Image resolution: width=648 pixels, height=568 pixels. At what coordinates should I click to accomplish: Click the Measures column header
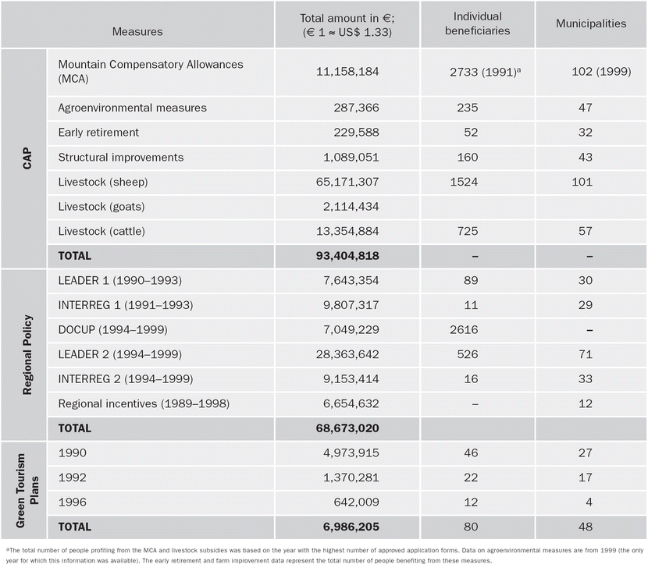point(137,31)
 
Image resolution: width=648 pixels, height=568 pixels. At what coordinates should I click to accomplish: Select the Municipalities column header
point(591,23)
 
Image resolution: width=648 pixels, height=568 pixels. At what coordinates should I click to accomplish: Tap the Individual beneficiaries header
point(477,23)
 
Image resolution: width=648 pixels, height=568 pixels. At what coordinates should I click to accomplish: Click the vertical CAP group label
point(27,158)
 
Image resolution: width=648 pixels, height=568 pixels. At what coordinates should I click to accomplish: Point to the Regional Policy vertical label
point(27,355)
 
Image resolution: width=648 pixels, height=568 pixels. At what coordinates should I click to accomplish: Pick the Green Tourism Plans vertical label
point(27,490)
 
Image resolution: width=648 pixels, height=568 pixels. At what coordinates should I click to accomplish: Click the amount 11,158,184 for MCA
point(347,72)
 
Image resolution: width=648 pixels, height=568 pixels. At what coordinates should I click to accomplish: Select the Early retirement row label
point(98,132)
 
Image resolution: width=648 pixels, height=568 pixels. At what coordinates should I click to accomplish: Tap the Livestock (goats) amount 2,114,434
point(351,207)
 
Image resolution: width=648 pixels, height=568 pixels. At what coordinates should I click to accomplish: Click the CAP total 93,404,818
point(347,256)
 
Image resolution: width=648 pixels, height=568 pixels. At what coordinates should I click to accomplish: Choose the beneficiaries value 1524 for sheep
point(464,182)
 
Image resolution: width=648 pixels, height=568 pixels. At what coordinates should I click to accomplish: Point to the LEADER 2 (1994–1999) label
point(120,354)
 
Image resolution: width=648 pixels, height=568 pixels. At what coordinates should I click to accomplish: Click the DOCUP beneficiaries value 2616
point(464,330)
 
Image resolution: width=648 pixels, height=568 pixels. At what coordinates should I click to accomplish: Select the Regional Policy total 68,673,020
point(347,428)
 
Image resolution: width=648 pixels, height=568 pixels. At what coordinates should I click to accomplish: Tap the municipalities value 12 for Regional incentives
point(586,403)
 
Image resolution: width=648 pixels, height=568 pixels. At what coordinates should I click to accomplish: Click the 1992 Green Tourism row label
point(73,477)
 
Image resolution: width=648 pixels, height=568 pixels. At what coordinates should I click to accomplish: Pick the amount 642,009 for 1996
point(356,502)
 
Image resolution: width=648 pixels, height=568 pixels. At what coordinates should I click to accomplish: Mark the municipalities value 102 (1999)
point(601,72)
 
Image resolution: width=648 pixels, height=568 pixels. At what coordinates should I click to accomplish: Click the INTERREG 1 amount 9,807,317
point(351,305)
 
